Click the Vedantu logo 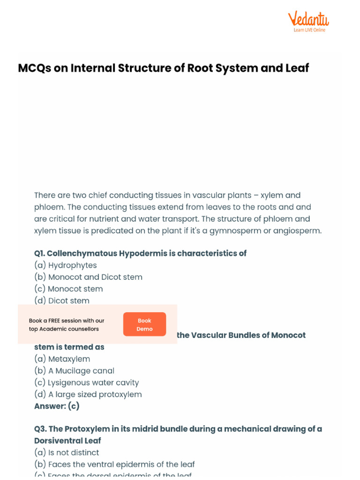coord(308,19)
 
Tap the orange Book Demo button coord(144,324)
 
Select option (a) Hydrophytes coord(66,265)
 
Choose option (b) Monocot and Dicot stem coord(88,277)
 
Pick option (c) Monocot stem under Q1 coord(68,289)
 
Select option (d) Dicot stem coord(62,300)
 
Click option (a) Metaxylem coord(62,359)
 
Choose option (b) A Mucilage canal coord(74,371)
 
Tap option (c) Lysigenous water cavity coord(87,382)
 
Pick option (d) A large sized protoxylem coord(88,394)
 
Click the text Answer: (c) coord(57,406)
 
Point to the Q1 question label coord(40,254)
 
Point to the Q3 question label coord(40,429)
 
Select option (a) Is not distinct coord(67,453)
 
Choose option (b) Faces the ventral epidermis coord(114,465)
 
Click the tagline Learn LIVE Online coord(309,30)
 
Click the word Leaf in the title coord(297,68)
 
